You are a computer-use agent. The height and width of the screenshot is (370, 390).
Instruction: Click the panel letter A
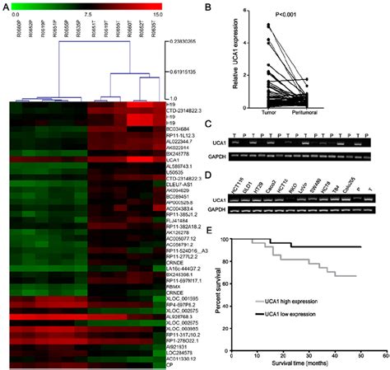[x=5, y=7]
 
